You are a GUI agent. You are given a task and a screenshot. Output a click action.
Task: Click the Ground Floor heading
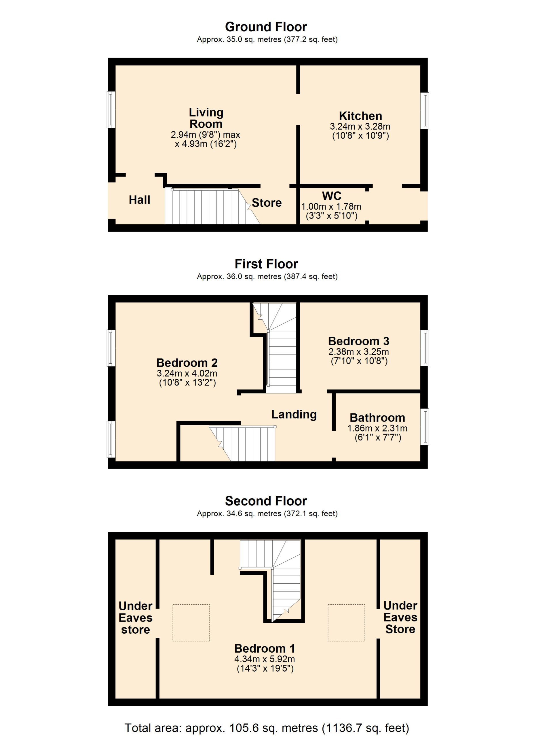(266, 27)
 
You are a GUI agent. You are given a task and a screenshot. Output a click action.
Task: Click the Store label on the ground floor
(267, 202)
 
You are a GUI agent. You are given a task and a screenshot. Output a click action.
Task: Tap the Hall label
(139, 200)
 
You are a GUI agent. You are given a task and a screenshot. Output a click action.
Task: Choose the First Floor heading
(266, 264)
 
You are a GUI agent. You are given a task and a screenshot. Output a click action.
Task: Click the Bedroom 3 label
(359, 341)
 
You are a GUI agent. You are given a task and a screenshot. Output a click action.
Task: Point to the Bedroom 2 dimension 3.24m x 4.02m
(187, 373)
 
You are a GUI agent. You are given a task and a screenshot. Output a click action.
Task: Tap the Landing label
(294, 414)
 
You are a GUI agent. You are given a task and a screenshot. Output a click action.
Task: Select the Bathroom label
(377, 418)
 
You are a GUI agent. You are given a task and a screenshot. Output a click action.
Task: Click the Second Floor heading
(266, 501)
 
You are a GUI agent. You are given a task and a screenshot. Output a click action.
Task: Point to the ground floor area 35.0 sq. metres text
(267, 40)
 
